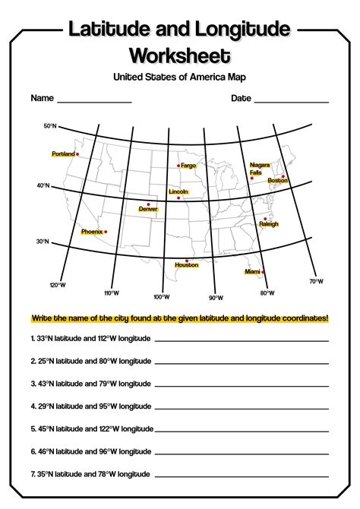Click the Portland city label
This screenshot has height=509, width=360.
[x=63, y=154]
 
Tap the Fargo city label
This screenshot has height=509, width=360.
[x=188, y=166]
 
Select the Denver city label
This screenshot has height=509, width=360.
[x=148, y=209]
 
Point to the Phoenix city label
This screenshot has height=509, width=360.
[x=91, y=232]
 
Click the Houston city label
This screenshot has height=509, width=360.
[x=186, y=265]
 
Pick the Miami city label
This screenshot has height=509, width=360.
[x=252, y=271]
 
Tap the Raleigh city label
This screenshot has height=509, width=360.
[x=269, y=224]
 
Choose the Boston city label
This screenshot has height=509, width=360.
[x=278, y=180]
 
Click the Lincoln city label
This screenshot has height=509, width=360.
[x=178, y=192]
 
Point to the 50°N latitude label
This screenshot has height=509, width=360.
[x=50, y=126]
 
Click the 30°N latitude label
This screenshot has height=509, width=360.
[x=42, y=242]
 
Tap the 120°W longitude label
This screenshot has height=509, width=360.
[x=58, y=286]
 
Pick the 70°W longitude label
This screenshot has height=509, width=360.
[x=316, y=281]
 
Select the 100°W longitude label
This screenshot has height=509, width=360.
[x=161, y=297]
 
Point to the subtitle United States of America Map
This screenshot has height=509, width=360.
[x=180, y=77]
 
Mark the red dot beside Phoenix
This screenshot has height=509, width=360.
[x=106, y=232]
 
